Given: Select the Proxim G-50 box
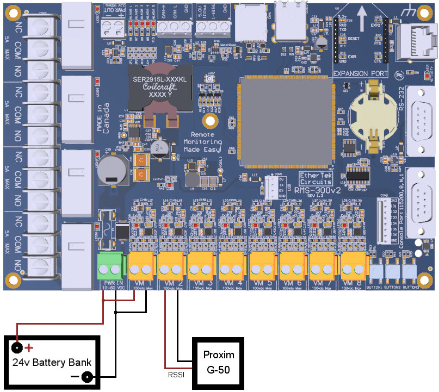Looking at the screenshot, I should [x=219, y=363].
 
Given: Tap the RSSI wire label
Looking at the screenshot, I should [x=175, y=375].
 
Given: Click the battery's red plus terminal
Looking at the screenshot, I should [x=18, y=347].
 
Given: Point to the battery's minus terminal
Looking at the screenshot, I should [x=86, y=376].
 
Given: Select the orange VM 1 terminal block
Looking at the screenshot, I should [x=143, y=266].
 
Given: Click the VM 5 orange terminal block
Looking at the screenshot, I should [x=263, y=266].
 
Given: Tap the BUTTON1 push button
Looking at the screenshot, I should [x=377, y=270].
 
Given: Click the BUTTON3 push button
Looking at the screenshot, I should [x=410, y=270].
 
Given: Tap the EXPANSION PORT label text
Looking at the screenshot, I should [x=358, y=73].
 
